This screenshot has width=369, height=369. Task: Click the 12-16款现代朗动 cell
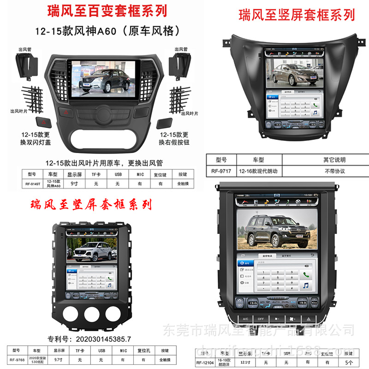261,171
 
